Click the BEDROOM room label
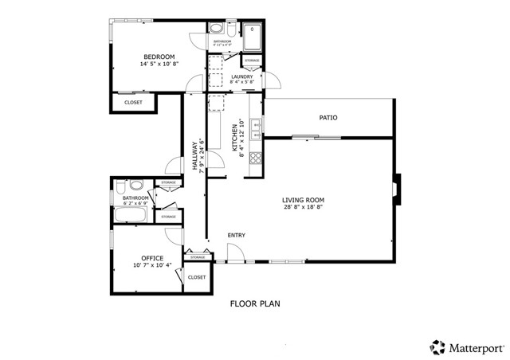pos(159,56)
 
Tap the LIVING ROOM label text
pos(302,200)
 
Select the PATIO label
pos(328,118)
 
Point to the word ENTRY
pos(236,235)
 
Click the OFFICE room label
pos(152,258)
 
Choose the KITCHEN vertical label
pos(235,137)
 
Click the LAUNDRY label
pos(241,76)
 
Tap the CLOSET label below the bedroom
pos(134,102)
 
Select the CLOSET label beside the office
pos(197,277)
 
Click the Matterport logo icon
pos(437,346)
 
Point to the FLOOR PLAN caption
pos(255,303)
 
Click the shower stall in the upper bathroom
pos(251,38)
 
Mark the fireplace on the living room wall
pos(398,186)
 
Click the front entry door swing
pos(234,253)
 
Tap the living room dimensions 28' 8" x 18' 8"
pos(302,209)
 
